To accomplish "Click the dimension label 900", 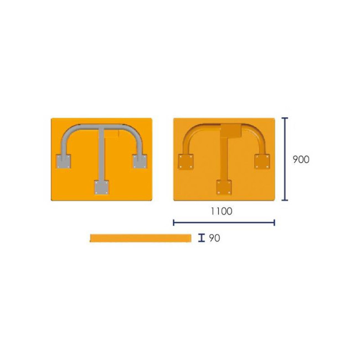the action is [301, 160].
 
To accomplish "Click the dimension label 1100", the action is [222, 211].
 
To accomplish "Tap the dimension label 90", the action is [214, 238].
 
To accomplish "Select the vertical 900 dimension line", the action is [285, 159].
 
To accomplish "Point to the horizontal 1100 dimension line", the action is [224, 222].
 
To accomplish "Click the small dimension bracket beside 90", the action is [202, 238].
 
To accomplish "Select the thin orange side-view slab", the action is [141, 238].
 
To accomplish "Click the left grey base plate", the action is [63, 161].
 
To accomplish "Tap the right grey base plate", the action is [140, 161].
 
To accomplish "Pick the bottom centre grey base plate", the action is [102, 187].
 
